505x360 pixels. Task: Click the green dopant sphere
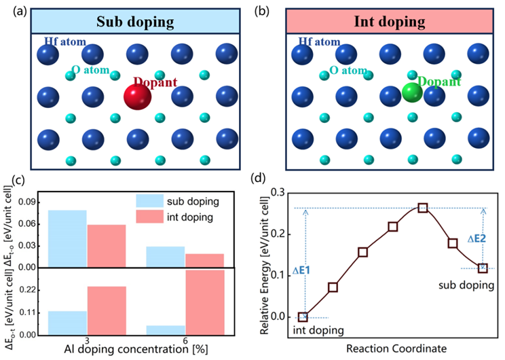click(411, 92)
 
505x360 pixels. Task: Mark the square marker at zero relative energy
click(303, 317)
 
